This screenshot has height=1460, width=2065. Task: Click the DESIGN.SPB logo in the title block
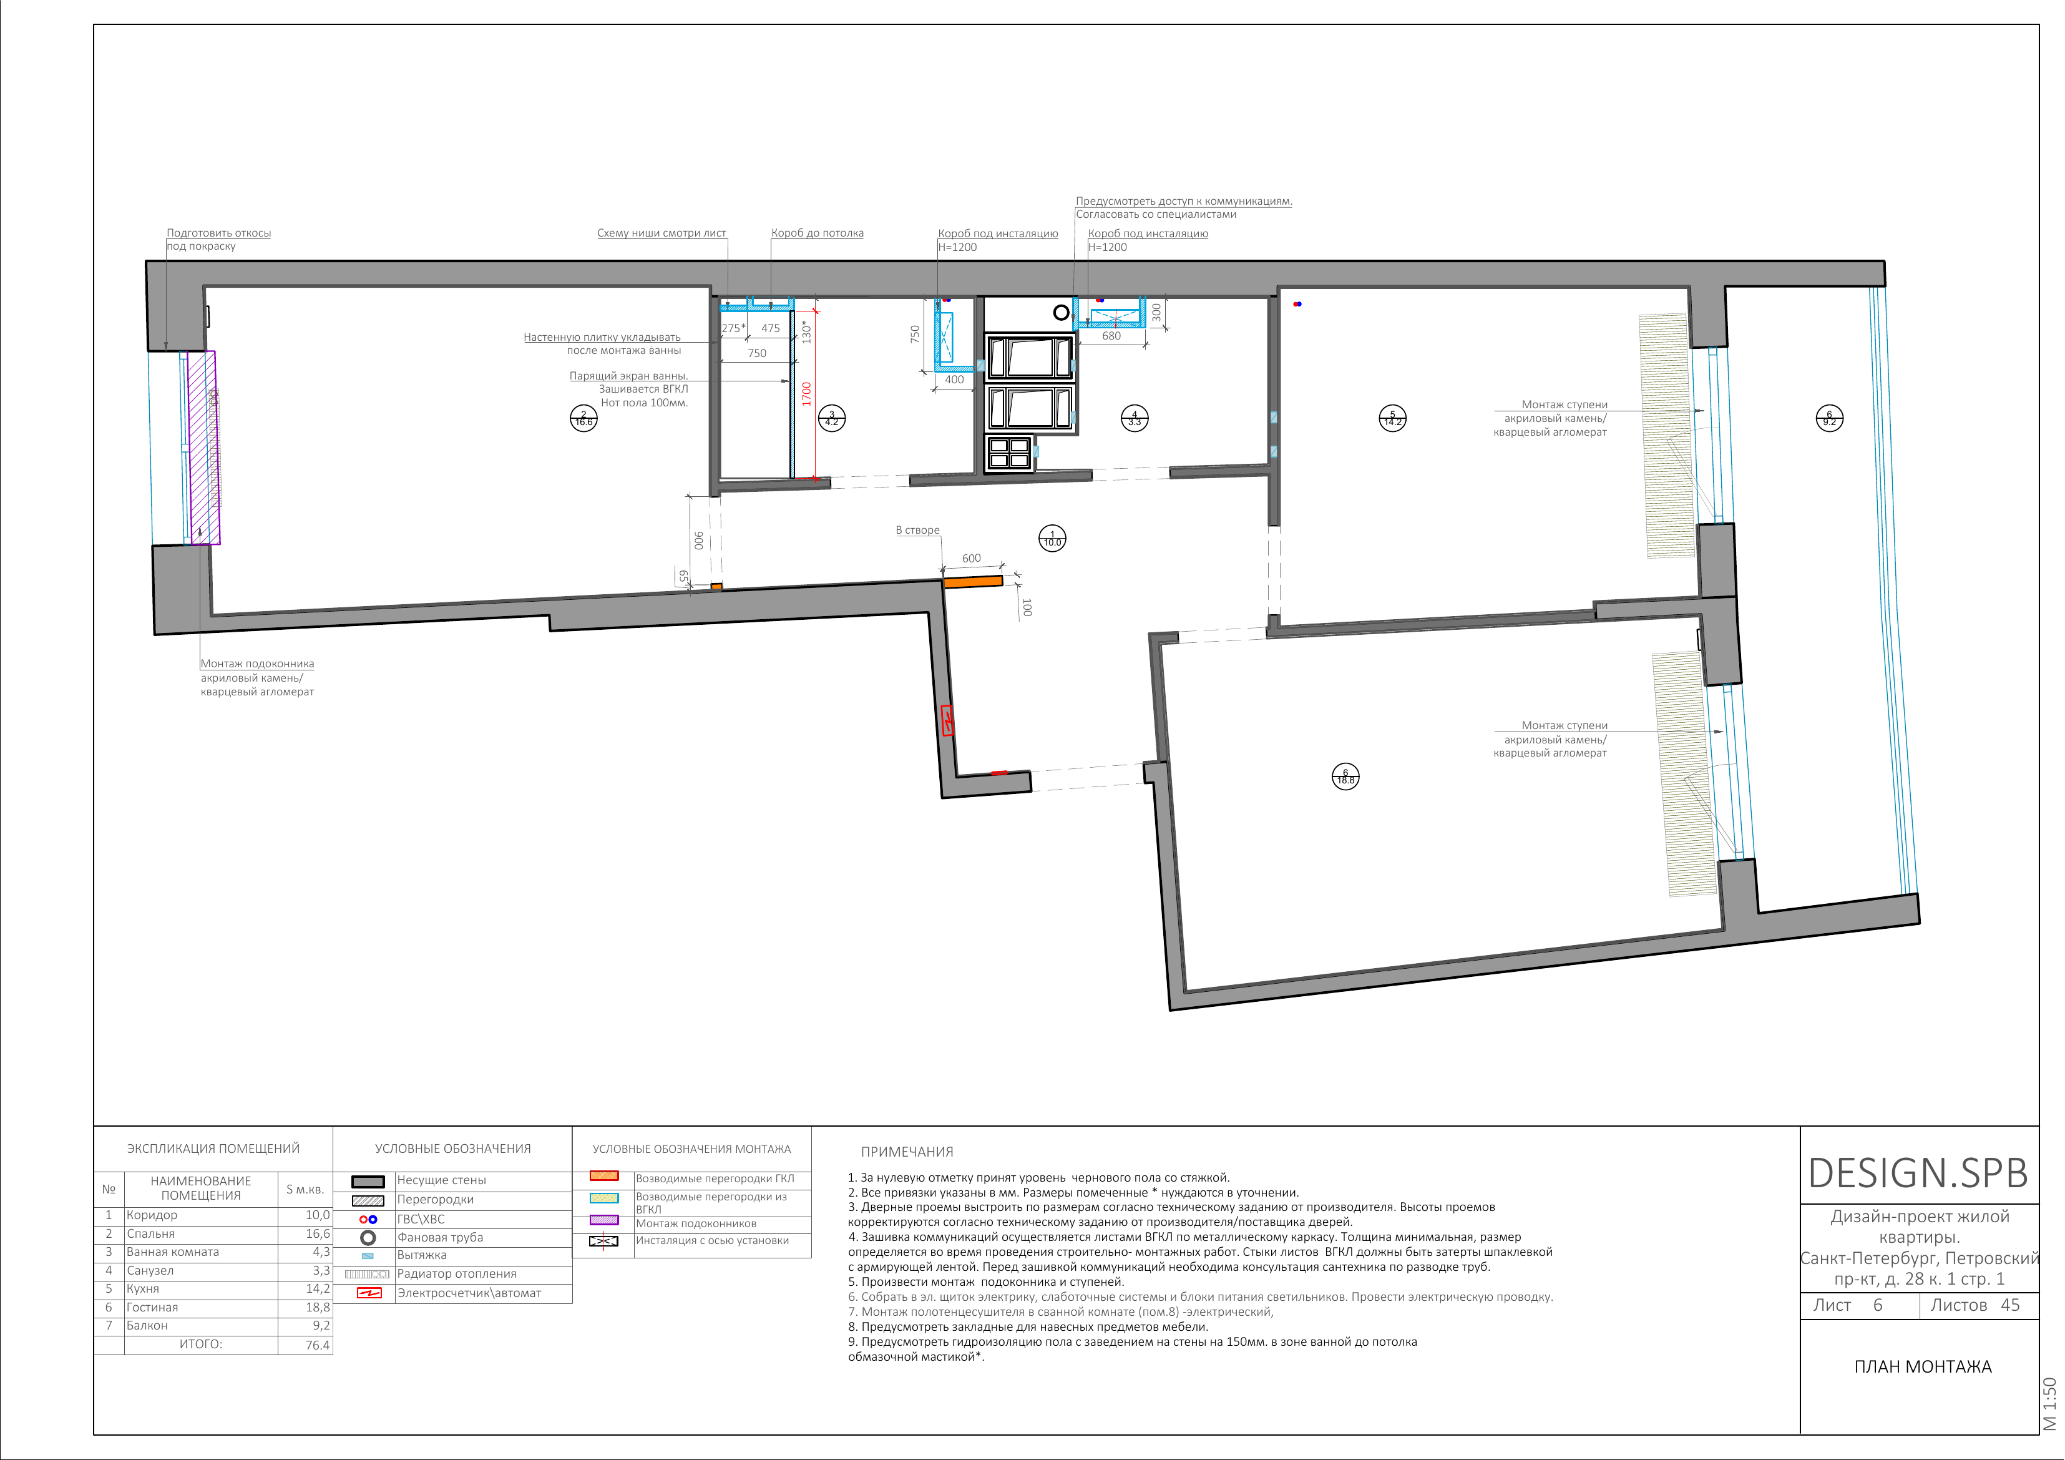(1918, 1173)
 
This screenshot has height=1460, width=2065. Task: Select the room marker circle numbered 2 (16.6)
(583, 418)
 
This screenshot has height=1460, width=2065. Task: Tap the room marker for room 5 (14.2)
(1392, 418)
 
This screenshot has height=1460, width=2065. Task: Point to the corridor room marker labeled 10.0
(1052, 538)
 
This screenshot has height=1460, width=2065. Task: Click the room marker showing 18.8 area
(1345, 777)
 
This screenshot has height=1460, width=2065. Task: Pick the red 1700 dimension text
(807, 393)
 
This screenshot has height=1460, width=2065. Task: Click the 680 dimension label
(1111, 336)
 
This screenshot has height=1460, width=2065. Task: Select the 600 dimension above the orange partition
(971, 559)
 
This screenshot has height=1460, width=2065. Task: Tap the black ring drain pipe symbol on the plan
(1062, 312)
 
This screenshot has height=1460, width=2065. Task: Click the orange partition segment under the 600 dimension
(972, 582)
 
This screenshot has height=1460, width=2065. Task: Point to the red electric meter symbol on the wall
(947, 720)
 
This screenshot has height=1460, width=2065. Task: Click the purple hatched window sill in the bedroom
(203, 448)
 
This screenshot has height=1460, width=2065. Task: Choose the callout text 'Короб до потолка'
(817, 233)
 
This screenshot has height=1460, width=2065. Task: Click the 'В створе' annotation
(917, 530)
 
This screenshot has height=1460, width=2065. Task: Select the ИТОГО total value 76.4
(318, 1346)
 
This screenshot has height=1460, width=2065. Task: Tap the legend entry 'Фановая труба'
(441, 1238)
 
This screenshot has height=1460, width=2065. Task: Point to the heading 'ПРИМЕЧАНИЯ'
(907, 1152)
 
